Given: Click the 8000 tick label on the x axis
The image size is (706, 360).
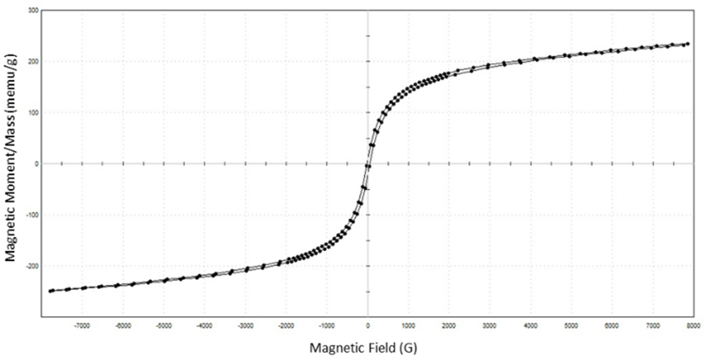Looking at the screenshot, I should tap(693, 326).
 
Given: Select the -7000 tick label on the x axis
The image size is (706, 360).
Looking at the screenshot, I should tap(82, 326).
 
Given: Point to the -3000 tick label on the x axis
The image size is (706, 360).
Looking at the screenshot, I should tap(245, 326).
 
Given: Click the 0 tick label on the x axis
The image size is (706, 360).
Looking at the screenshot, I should tap(368, 326).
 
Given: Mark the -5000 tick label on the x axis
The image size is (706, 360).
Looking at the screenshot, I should tap(164, 326).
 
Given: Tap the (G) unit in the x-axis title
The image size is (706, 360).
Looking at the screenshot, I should tap(408, 348).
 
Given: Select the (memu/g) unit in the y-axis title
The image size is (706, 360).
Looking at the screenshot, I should tap(11, 80).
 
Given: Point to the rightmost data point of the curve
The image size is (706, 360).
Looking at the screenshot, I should tap(688, 44).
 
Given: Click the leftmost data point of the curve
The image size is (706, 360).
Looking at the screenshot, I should tap(50, 291).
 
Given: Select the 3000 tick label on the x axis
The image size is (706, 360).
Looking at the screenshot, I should tap(490, 326).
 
